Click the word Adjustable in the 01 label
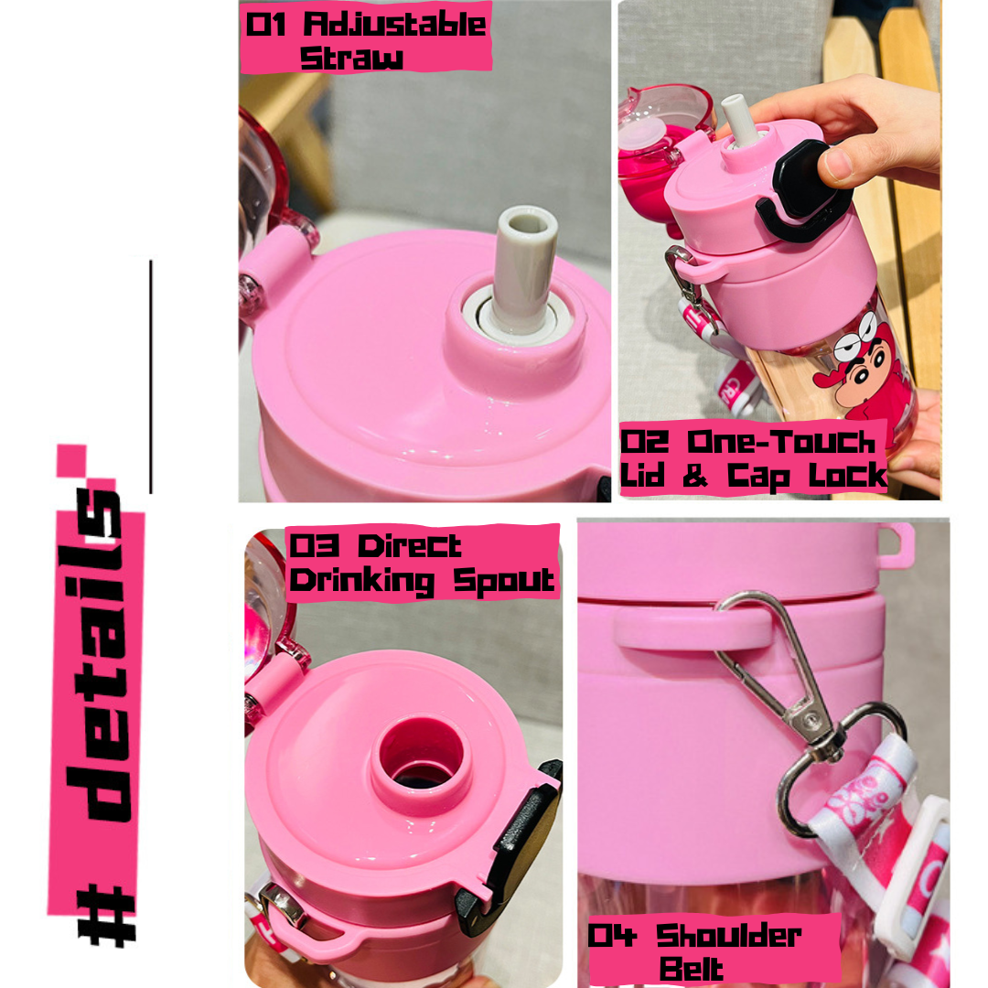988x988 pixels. tap(395, 25)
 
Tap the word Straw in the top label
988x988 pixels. tap(351, 58)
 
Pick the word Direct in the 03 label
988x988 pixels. tap(410, 545)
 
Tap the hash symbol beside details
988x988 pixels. tap(106, 914)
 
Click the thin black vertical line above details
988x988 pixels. tap(151, 376)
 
